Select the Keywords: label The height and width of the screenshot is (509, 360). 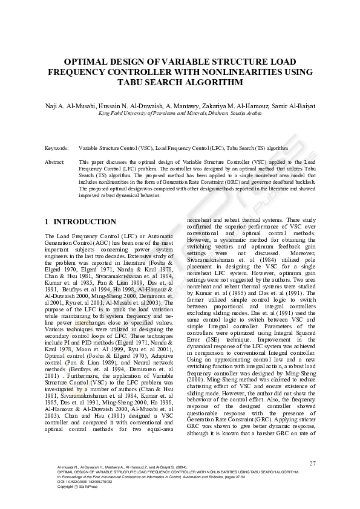pyautogui.click(x=57, y=147)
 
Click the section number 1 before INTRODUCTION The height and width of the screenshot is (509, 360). pyautogui.click(x=48, y=222)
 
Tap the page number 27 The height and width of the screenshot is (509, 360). pyautogui.click(x=312, y=464)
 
